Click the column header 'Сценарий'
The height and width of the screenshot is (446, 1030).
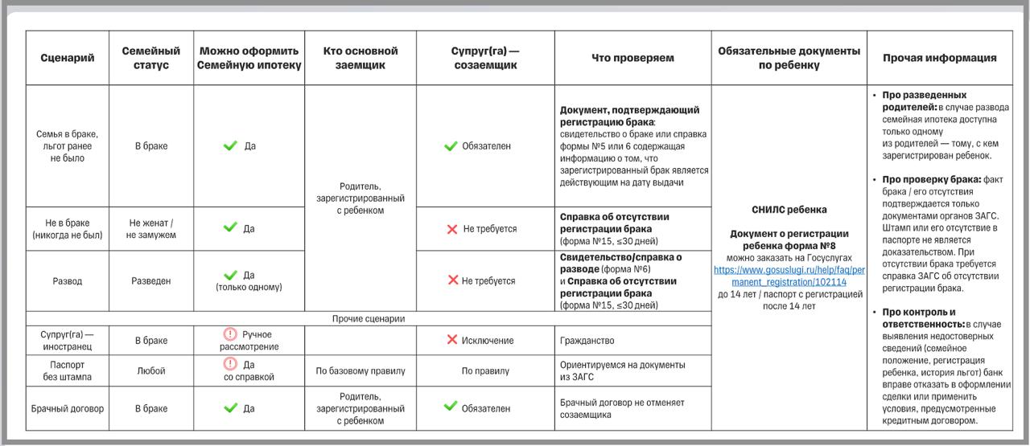(x=68, y=58)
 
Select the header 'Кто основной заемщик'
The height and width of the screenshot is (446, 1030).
(x=360, y=58)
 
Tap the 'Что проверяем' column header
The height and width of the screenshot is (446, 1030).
(x=632, y=58)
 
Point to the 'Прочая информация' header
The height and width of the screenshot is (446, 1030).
(x=939, y=58)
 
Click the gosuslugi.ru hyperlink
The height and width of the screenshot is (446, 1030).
(x=789, y=276)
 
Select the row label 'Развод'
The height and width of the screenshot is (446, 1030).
(x=68, y=281)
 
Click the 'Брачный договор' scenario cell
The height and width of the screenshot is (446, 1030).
(x=68, y=409)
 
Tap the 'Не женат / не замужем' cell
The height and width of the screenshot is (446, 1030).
(x=150, y=229)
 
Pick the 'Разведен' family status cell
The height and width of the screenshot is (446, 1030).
(x=150, y=281)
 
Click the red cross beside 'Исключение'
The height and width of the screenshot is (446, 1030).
(x=452, y=340)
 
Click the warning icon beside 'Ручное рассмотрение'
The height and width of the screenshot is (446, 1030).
(x=230, y=334)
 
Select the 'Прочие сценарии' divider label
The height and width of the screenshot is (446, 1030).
(x=369, y=319)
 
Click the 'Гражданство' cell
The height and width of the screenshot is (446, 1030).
(x=587, y=341)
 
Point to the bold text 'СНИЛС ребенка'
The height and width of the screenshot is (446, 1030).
(x=789, y=210)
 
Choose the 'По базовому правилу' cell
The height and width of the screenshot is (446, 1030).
(x=360, y=371)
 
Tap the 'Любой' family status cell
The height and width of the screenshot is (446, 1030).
(x=150, y=371)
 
